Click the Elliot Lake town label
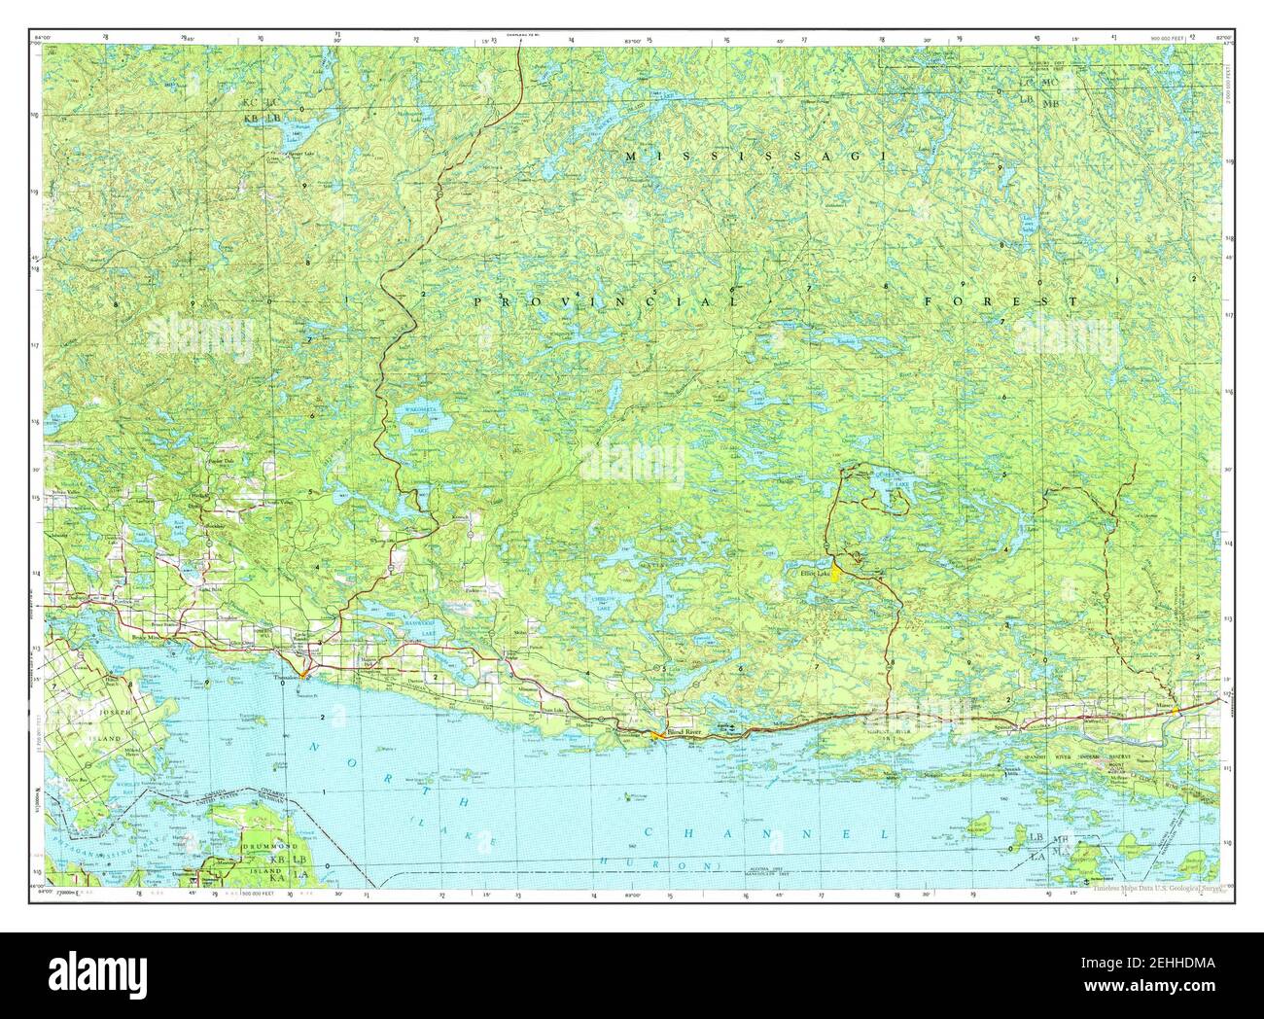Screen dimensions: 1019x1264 click(x=815, y=574)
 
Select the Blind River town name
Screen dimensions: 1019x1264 click(x=682, y=730)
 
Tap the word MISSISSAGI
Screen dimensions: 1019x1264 click(x=754, y=156)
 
